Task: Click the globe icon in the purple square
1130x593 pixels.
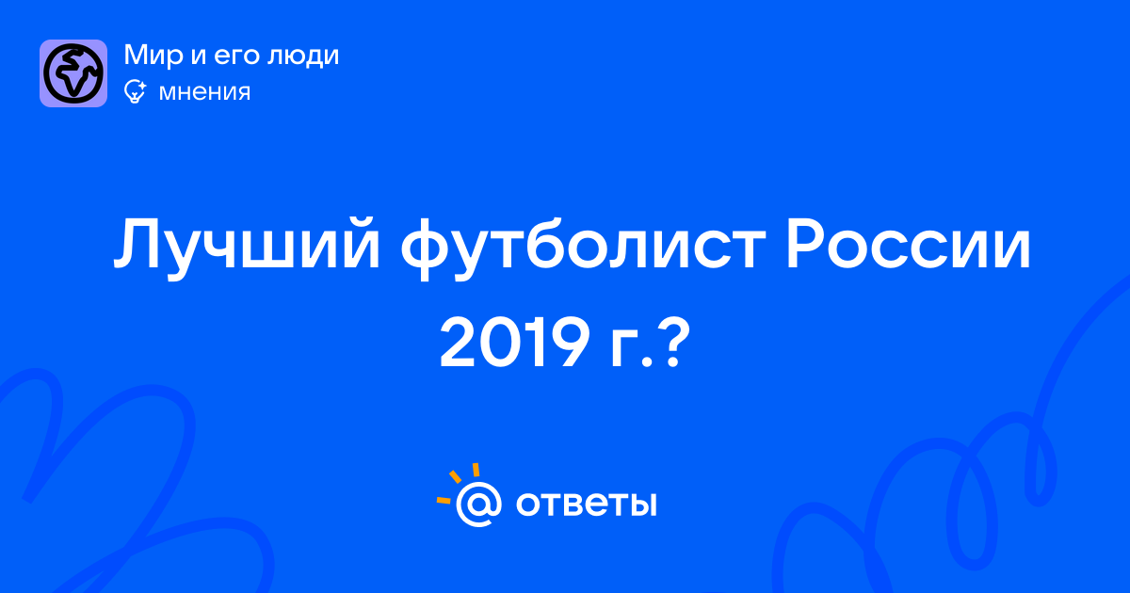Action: [x=73, y=73]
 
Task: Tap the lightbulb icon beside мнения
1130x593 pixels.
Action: [x=135, y=92]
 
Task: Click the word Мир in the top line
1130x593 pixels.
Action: [x=153, y=56]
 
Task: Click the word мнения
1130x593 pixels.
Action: [x=204, y=93]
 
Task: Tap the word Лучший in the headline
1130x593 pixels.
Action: [x=247, y=244]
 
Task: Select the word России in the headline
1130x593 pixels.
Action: [x=908, y=244]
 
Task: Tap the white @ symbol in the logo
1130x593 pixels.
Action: [x=478, y=504]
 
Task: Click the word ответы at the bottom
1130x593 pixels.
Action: [x=586, y=505]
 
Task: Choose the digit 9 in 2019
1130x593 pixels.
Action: [x=568, y=342]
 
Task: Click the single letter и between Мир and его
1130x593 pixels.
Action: [x=200, y=57]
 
